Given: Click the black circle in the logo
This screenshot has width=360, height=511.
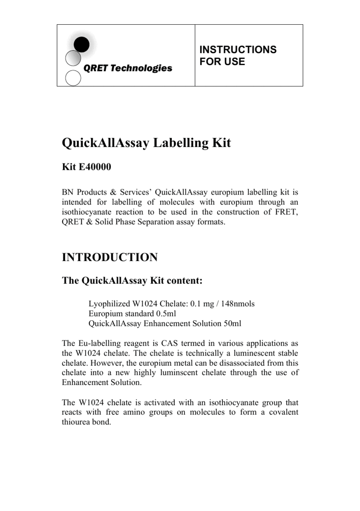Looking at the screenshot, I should coord(82,44).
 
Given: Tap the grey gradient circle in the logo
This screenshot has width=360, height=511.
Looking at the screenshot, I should coord(73,58).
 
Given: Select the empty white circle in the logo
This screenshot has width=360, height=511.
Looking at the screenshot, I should coord(73,78).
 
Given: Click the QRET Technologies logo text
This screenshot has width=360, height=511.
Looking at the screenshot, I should coord(128,68).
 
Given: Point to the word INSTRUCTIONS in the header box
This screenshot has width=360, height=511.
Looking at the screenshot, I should coord(238,50).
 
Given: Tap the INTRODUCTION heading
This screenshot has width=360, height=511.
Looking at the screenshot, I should coord(110,257).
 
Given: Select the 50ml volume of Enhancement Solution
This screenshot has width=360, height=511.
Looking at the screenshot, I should coord(232,324).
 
